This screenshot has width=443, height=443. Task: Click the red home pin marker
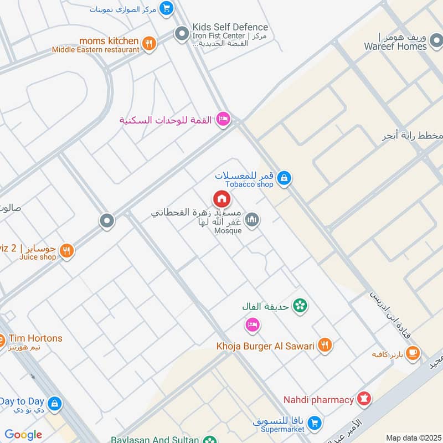pyautogui.click(x=221, y=199)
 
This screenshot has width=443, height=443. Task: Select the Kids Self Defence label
pyautogui.click(x=230, y=27)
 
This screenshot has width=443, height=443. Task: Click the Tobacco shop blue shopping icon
pyautogui.click(x=284, y=178)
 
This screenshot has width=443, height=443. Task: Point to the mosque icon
pyautogui.click(x=253, y=220)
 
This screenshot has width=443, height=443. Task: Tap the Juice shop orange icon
pyautogui.click(x=66, y=251)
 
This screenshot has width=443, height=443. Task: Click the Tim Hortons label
pyautogui.click(x=34, y=338)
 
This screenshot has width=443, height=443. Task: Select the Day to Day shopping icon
pyautogui.click(x=54, y=403)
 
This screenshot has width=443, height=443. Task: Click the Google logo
pyautogui.click(x=23, y=435)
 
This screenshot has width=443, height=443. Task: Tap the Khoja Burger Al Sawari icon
pyautogui.click(x=325, y=346)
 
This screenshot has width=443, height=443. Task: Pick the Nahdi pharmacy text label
pyautogui.click(x=318, y=399)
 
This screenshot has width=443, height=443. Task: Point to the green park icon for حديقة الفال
pyautogui.click(x=300, y=306)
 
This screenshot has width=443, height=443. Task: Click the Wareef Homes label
pyautogui.click(x=395, y=47)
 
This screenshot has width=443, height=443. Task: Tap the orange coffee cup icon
pyautogui.click(x=413, y=353)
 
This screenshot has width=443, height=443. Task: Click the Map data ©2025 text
pyautogui.click(x=412, y=438)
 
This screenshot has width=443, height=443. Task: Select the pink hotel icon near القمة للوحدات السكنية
pyautogui.click(x=223, y=120)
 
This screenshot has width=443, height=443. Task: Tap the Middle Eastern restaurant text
pyautogui.click(x=95, y=50)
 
